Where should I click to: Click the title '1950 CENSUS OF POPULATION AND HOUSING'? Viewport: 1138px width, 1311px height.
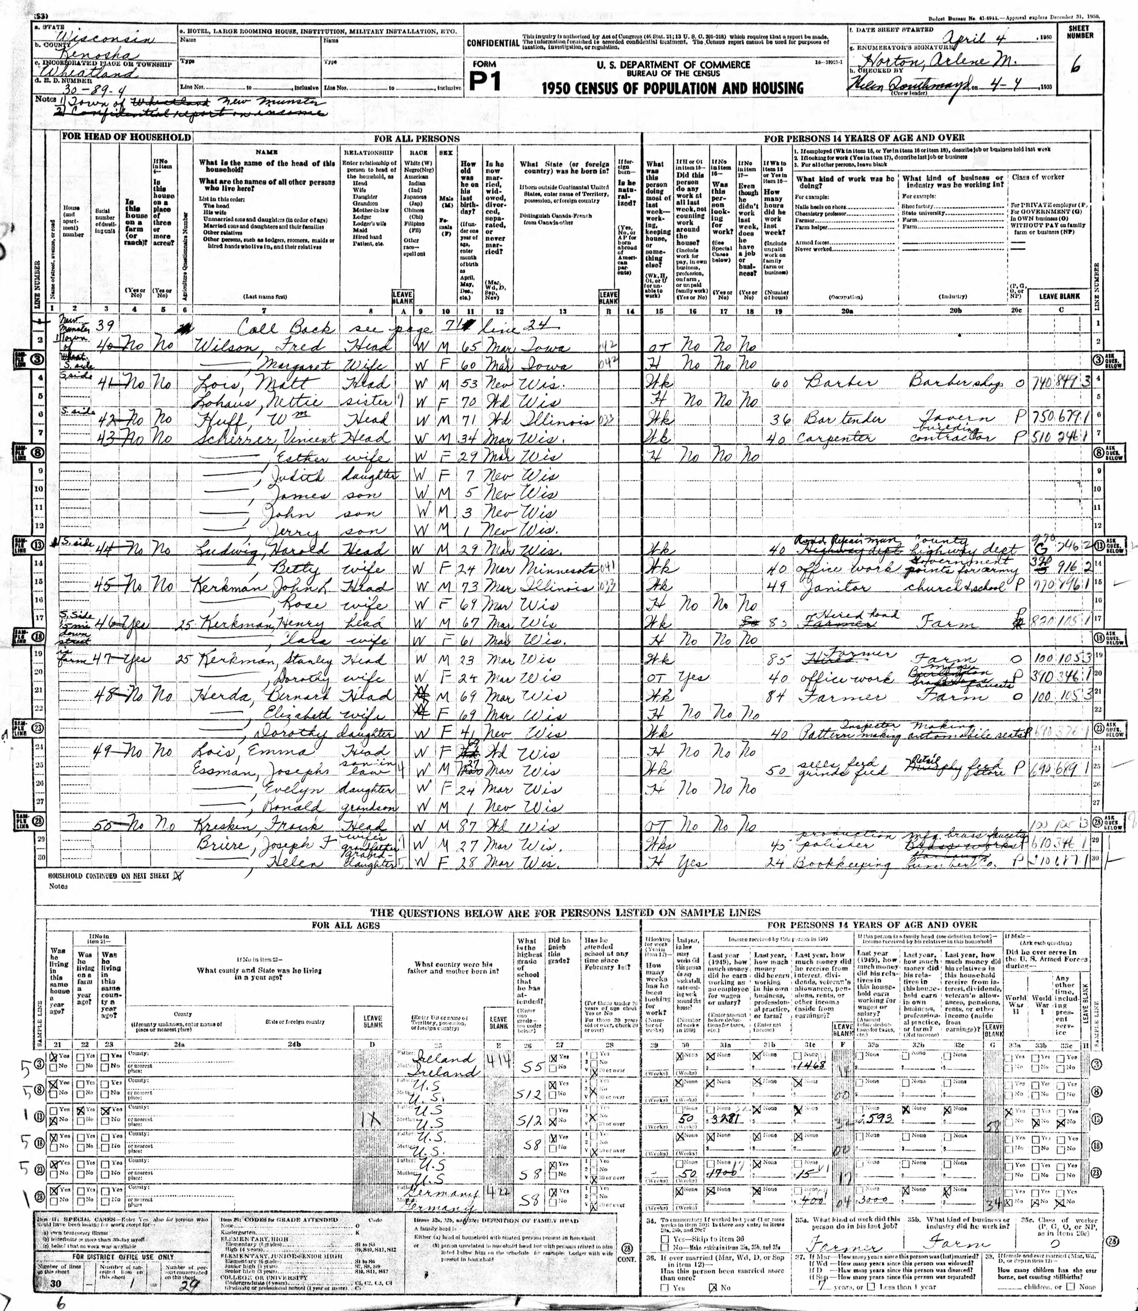coord(673,88)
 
